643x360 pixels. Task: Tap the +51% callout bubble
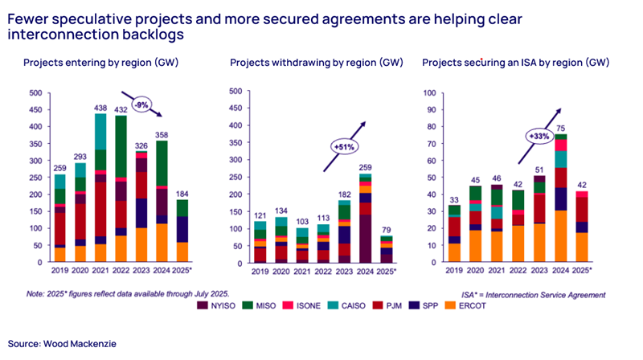coord(341,147)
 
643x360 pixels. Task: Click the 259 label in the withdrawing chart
coord(366,166)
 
